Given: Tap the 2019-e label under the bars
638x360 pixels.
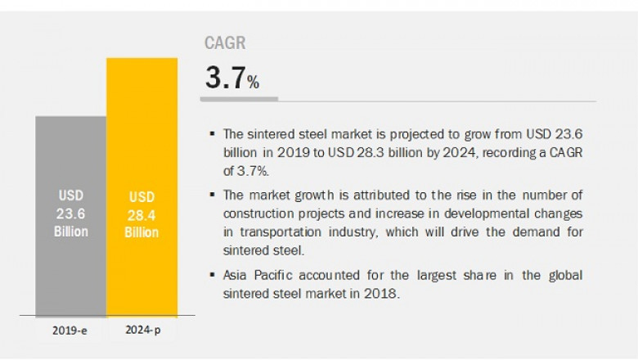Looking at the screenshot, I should click(70, 332).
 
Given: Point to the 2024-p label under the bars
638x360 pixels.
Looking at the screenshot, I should click(141, 332).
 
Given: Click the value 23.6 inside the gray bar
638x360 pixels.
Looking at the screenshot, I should click(70, 214).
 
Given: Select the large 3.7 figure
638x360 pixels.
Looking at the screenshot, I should click(224, 79).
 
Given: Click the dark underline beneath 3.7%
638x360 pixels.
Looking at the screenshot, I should click(239, 99).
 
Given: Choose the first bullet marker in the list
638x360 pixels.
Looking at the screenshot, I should click(213, 133).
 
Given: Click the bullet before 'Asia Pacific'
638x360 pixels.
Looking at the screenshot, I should click(213, 276).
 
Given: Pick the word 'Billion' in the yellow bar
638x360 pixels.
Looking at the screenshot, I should click(141, 233).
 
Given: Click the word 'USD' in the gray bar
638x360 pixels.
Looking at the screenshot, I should click(70, 196).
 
